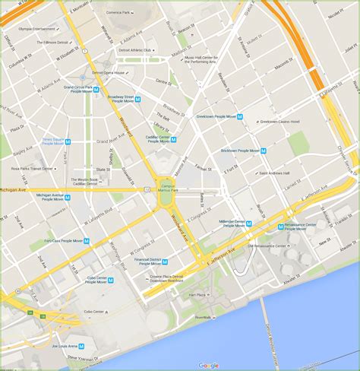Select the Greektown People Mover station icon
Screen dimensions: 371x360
240,116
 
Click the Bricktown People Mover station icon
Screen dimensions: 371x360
264,151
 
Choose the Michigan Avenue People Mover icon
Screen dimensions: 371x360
67,197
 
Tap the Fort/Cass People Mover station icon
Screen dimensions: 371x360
87,241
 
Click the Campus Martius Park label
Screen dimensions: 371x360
166,183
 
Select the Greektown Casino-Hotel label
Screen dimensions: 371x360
282,122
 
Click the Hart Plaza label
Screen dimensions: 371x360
197,294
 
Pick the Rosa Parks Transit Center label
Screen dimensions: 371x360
33,169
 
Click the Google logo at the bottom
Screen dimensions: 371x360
209,366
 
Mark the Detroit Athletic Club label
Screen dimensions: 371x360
137,49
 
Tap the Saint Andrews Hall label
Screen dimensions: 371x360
279,173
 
